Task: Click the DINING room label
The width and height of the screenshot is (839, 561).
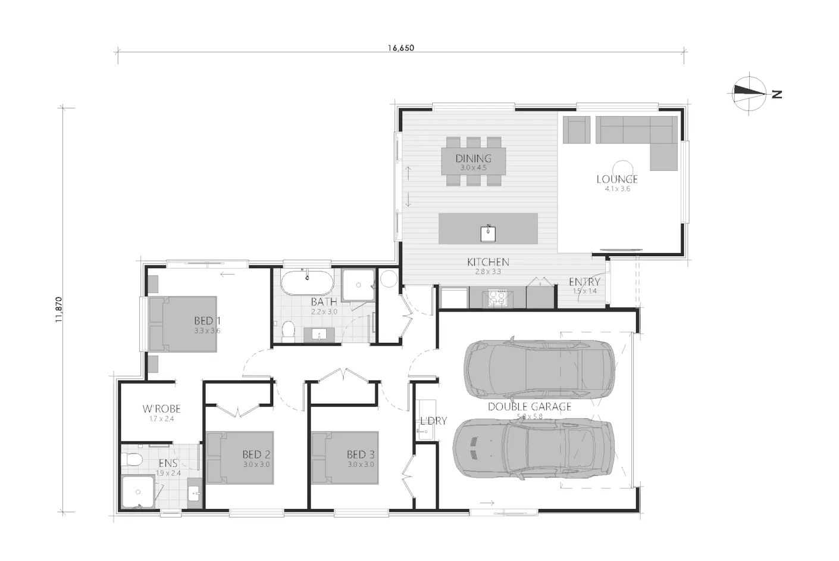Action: click(473, 158)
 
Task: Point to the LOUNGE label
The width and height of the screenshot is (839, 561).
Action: click(617, 179)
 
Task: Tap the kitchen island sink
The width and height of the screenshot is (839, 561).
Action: click(488, 233)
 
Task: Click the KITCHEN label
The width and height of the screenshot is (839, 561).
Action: click(487, 262)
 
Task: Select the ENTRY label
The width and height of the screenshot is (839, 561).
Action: click(584, 282)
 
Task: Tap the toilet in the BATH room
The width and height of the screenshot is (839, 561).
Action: click(289, 331)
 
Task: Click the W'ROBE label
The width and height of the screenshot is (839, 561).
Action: click(161, 409)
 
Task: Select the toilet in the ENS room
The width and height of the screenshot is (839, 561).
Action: click(132, 459)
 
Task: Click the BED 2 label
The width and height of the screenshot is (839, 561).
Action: click(256, 455)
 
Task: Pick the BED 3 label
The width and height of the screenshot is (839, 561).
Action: click(361, 455)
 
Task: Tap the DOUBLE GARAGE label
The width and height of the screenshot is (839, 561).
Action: click(529, 407)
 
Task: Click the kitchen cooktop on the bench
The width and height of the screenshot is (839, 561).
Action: click(496, 297)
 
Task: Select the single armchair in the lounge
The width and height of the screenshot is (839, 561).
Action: click(576, 129)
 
